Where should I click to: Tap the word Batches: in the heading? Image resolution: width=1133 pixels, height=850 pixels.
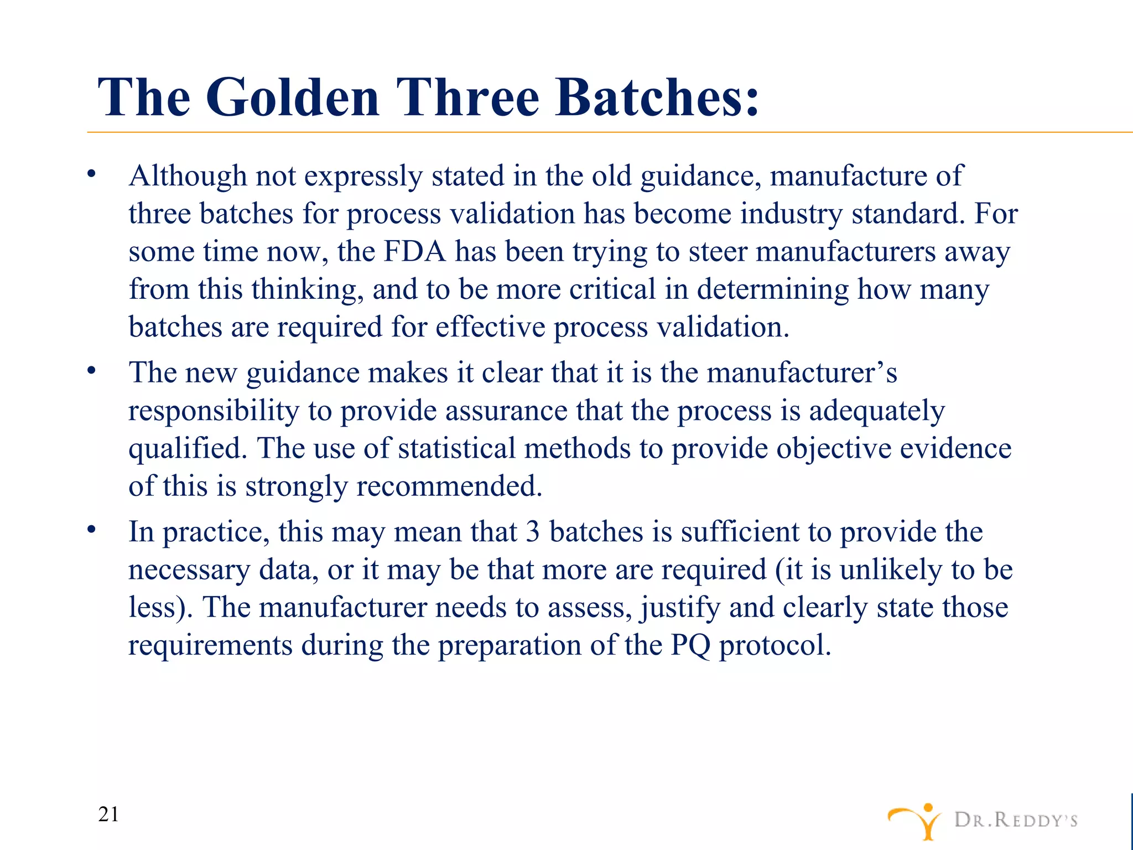(657, 97)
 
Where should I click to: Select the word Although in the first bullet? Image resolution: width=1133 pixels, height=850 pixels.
(188, 176)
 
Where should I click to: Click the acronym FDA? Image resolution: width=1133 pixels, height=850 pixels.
(415, 252)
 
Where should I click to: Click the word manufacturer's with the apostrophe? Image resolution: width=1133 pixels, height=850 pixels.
(802, 372)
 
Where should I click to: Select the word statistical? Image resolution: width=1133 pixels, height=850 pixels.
(456, 448)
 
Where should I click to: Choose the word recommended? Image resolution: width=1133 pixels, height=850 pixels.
(449, 486)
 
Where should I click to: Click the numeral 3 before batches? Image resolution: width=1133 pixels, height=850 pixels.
(533, 532)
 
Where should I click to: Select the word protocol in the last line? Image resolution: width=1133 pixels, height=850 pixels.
(775, 645)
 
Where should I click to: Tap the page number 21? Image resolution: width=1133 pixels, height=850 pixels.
(108, 815)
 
